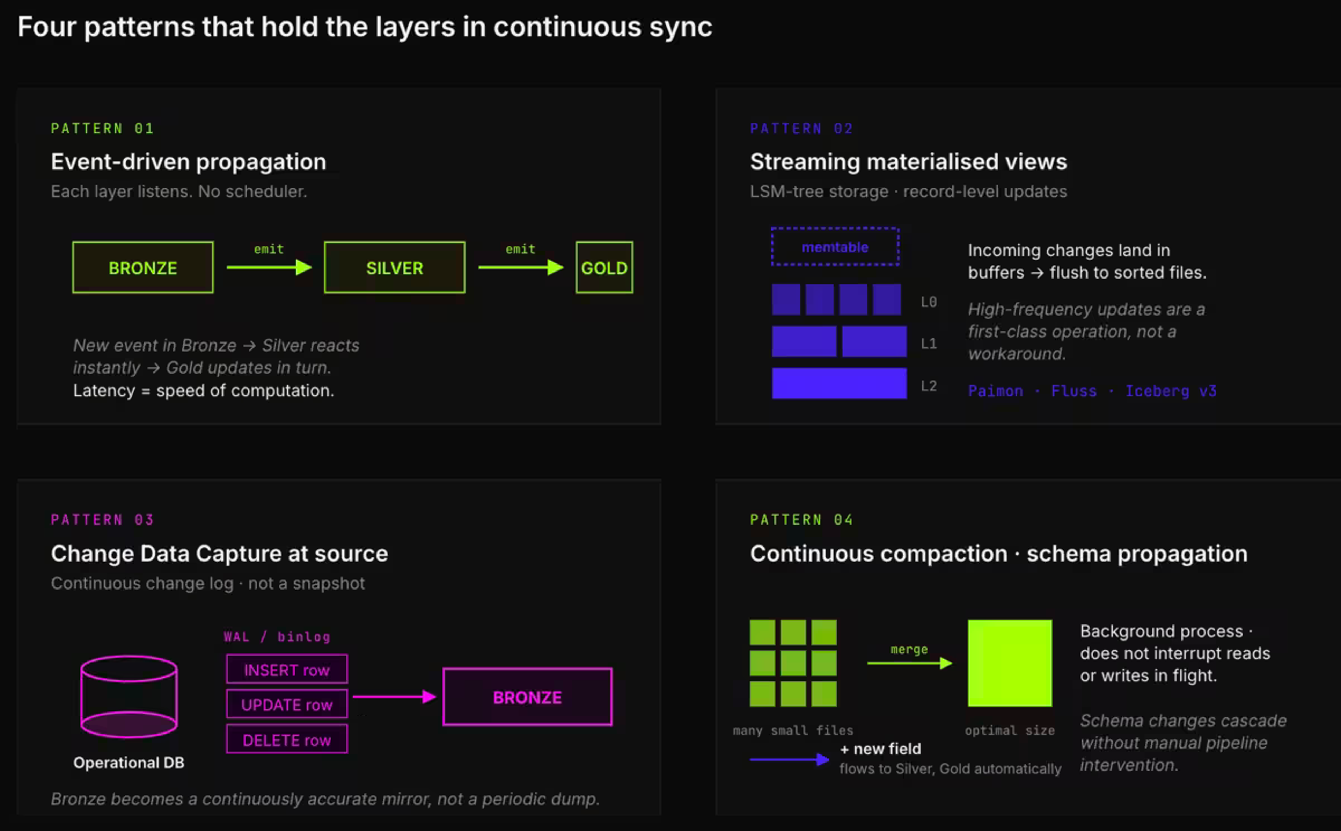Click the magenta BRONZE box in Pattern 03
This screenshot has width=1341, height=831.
[x=527, y=697]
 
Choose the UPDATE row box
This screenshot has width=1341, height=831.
[x=287, y=704]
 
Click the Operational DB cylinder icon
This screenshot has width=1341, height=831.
[x=129, y=696]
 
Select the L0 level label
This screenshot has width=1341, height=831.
[x=929, y=302]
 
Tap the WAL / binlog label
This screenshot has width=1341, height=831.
[x=277, y=636]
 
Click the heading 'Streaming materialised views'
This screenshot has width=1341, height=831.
[x=908, y=161]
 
